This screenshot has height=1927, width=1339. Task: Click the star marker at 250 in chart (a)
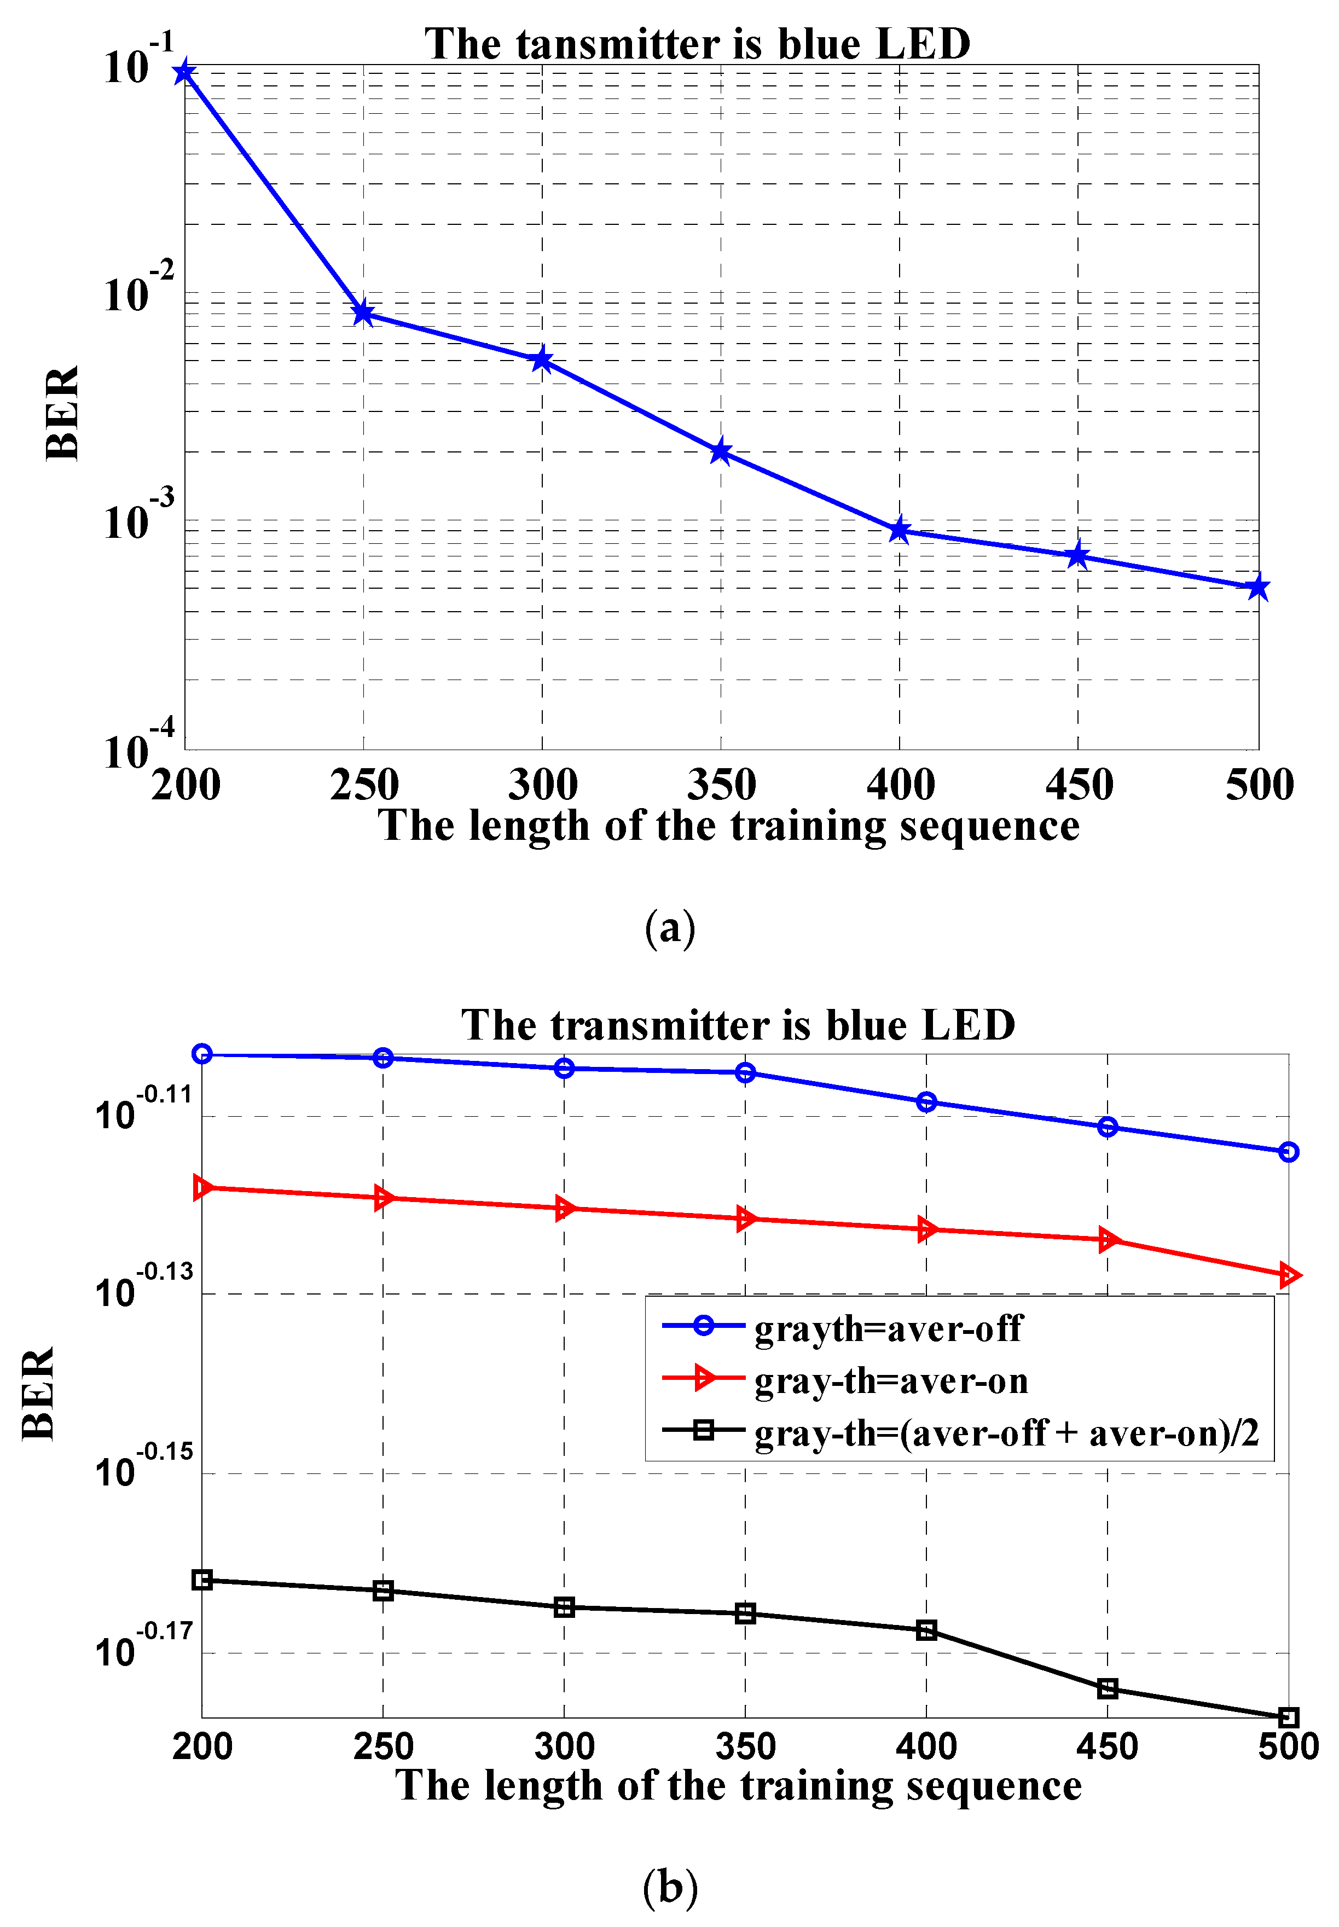tap(363, 314)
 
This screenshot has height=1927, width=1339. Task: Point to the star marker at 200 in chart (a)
tap(184, 72)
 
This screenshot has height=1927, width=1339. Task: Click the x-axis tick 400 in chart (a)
tap(900, 785)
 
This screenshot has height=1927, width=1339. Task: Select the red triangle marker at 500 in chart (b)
tap(1289, 1276)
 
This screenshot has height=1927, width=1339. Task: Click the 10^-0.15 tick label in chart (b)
tap(143, 1467)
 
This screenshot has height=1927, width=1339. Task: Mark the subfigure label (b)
tap(670, 1888)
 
